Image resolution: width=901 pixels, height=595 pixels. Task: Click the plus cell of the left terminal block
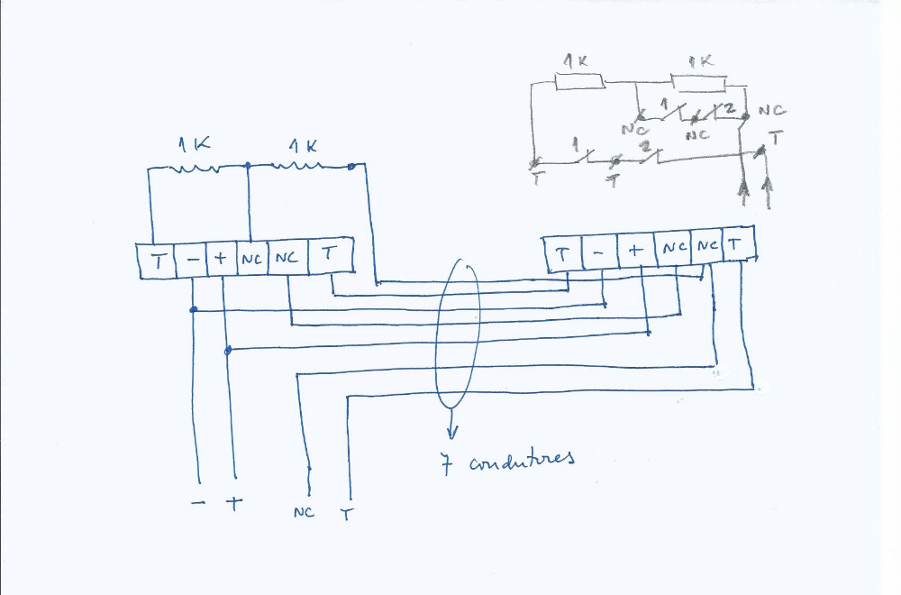222,261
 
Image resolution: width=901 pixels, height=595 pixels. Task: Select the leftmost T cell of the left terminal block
157,262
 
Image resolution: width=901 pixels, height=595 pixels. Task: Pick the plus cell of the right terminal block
636,253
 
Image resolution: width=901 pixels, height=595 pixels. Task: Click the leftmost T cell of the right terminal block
563,254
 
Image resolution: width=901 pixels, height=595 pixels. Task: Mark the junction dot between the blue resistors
247,166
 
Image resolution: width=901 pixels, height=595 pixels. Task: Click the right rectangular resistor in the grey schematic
700,84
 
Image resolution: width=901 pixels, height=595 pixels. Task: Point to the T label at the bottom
347,515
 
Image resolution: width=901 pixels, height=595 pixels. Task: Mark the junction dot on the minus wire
193,310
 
